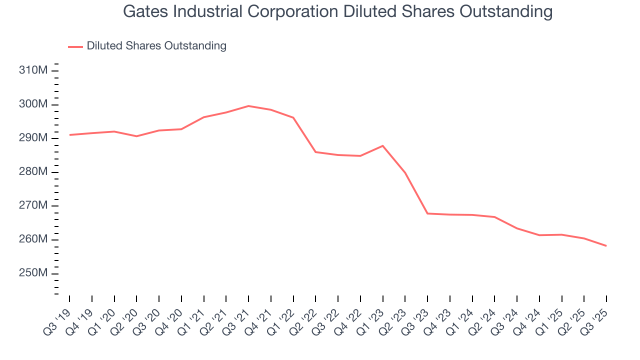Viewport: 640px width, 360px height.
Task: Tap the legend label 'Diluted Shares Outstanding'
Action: click(156, 46)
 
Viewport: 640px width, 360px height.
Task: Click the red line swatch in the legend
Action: click(75, 46)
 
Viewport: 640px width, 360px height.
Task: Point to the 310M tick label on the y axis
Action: click(33, 70)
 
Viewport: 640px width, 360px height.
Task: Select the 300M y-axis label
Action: click(33, 104)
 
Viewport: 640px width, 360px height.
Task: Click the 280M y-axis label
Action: click(33, 172)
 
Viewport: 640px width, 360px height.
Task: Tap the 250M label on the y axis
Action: click(33, 273)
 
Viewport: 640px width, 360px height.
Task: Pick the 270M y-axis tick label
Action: click(33, 206)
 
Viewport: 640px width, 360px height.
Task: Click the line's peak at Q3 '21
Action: click(248, 106)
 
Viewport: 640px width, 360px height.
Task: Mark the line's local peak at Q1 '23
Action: click(382, 145)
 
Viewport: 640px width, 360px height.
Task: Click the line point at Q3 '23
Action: click(427, 213)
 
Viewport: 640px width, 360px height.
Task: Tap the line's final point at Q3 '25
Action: click(606, 245)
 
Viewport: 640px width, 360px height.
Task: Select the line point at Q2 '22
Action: click(315, 152)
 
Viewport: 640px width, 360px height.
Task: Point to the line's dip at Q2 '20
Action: click(136, 136)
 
